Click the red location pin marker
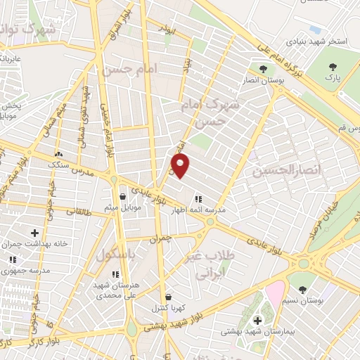[x=181, y=167]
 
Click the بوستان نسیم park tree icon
[x=302, y=290]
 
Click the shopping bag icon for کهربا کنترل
[x=167, y=297]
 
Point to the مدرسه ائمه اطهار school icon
[x=198, y=198]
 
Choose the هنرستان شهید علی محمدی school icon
[x=115, y=274]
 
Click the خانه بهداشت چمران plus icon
[x=34, y=232]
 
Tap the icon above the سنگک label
[x=58, y=154]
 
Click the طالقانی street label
[x=79, y=209]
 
